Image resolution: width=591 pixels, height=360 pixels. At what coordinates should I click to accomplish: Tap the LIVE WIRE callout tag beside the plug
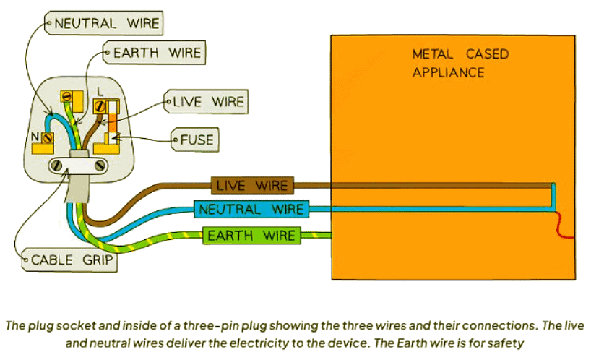[x=209, y=101]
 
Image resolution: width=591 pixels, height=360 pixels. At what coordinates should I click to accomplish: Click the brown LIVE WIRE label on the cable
[x=252, y=186]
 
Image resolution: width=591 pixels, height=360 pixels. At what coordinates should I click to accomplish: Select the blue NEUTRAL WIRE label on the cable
[x=250, y=210]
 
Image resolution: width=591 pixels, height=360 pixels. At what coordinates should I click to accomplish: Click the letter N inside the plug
[x=35, y=135]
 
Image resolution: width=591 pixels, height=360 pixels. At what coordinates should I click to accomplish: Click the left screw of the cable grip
[x=56, y=165]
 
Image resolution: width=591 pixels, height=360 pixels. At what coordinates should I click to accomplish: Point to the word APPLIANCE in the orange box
[x=448, y=72]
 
